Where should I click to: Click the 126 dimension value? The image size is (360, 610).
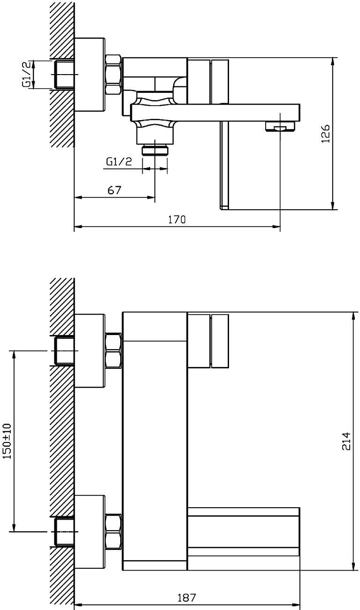[325, 133]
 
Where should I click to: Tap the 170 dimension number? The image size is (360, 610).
[177, 220]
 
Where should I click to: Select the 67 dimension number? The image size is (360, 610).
[114, 190]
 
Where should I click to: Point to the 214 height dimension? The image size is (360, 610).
[346, 441]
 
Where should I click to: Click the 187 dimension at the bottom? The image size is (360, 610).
[186, 598]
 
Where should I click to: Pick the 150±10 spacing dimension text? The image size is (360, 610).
[8, 441]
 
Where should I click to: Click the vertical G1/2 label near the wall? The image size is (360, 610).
[26, 75]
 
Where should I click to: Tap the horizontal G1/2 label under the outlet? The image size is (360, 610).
[119, 162]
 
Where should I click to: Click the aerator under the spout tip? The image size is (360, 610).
[280, 127]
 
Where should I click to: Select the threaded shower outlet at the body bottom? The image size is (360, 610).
[155, 150]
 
